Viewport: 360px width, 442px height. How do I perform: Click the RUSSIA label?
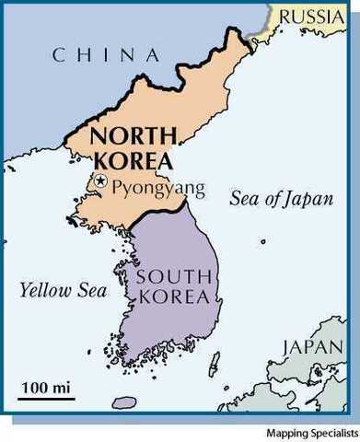(313, 15)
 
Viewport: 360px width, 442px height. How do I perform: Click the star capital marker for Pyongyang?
(101, 181)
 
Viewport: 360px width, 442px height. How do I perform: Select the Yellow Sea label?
(63, 291)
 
